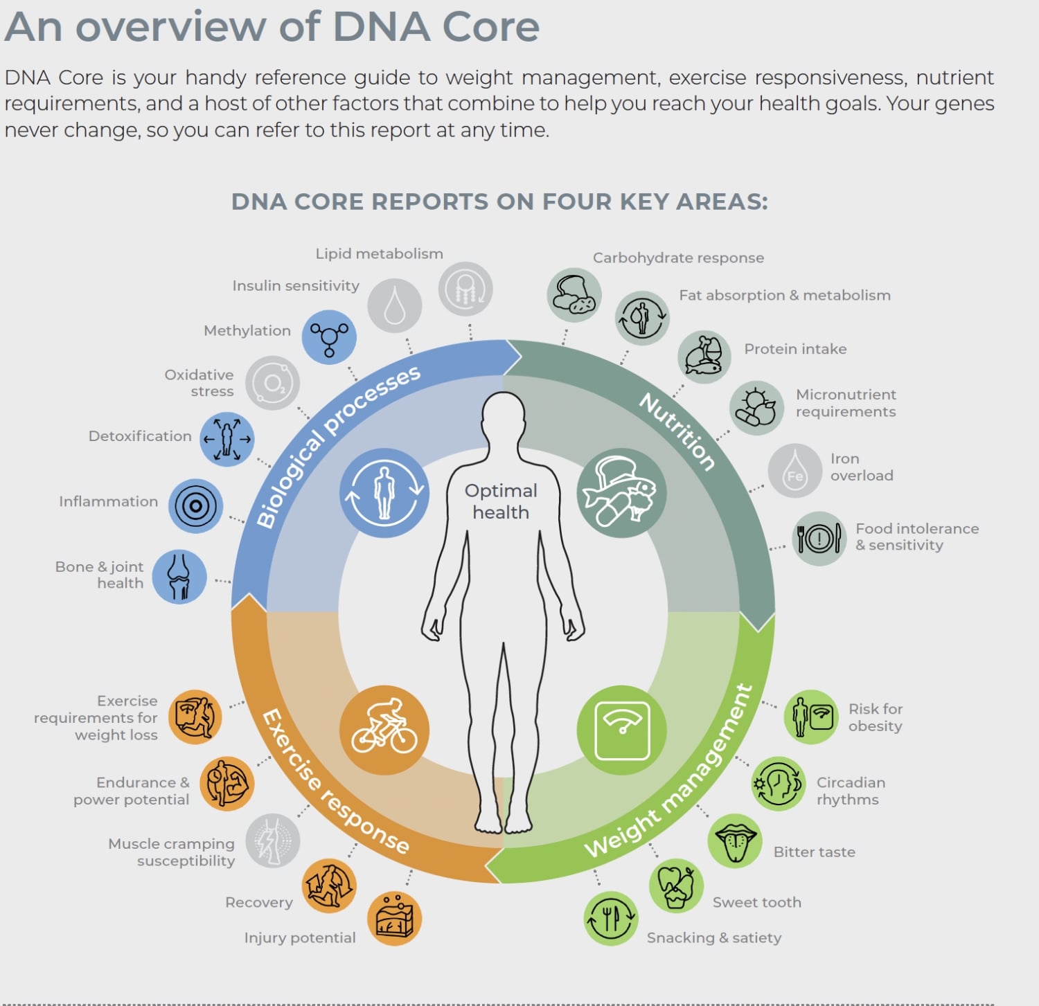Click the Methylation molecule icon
329,337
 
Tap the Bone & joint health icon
179,577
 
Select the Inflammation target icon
195,506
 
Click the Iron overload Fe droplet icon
795,471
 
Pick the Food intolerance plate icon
819,539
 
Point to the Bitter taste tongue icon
735,841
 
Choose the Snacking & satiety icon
610,919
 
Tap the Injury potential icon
395,919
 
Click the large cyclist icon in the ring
384,730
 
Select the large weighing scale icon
621,730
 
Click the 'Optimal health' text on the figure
501,501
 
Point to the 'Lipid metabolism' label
379,253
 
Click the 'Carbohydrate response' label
678,258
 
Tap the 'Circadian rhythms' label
851,791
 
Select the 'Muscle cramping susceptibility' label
172,852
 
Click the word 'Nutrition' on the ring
677,431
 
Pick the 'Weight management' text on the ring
668,771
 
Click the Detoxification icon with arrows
227,439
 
